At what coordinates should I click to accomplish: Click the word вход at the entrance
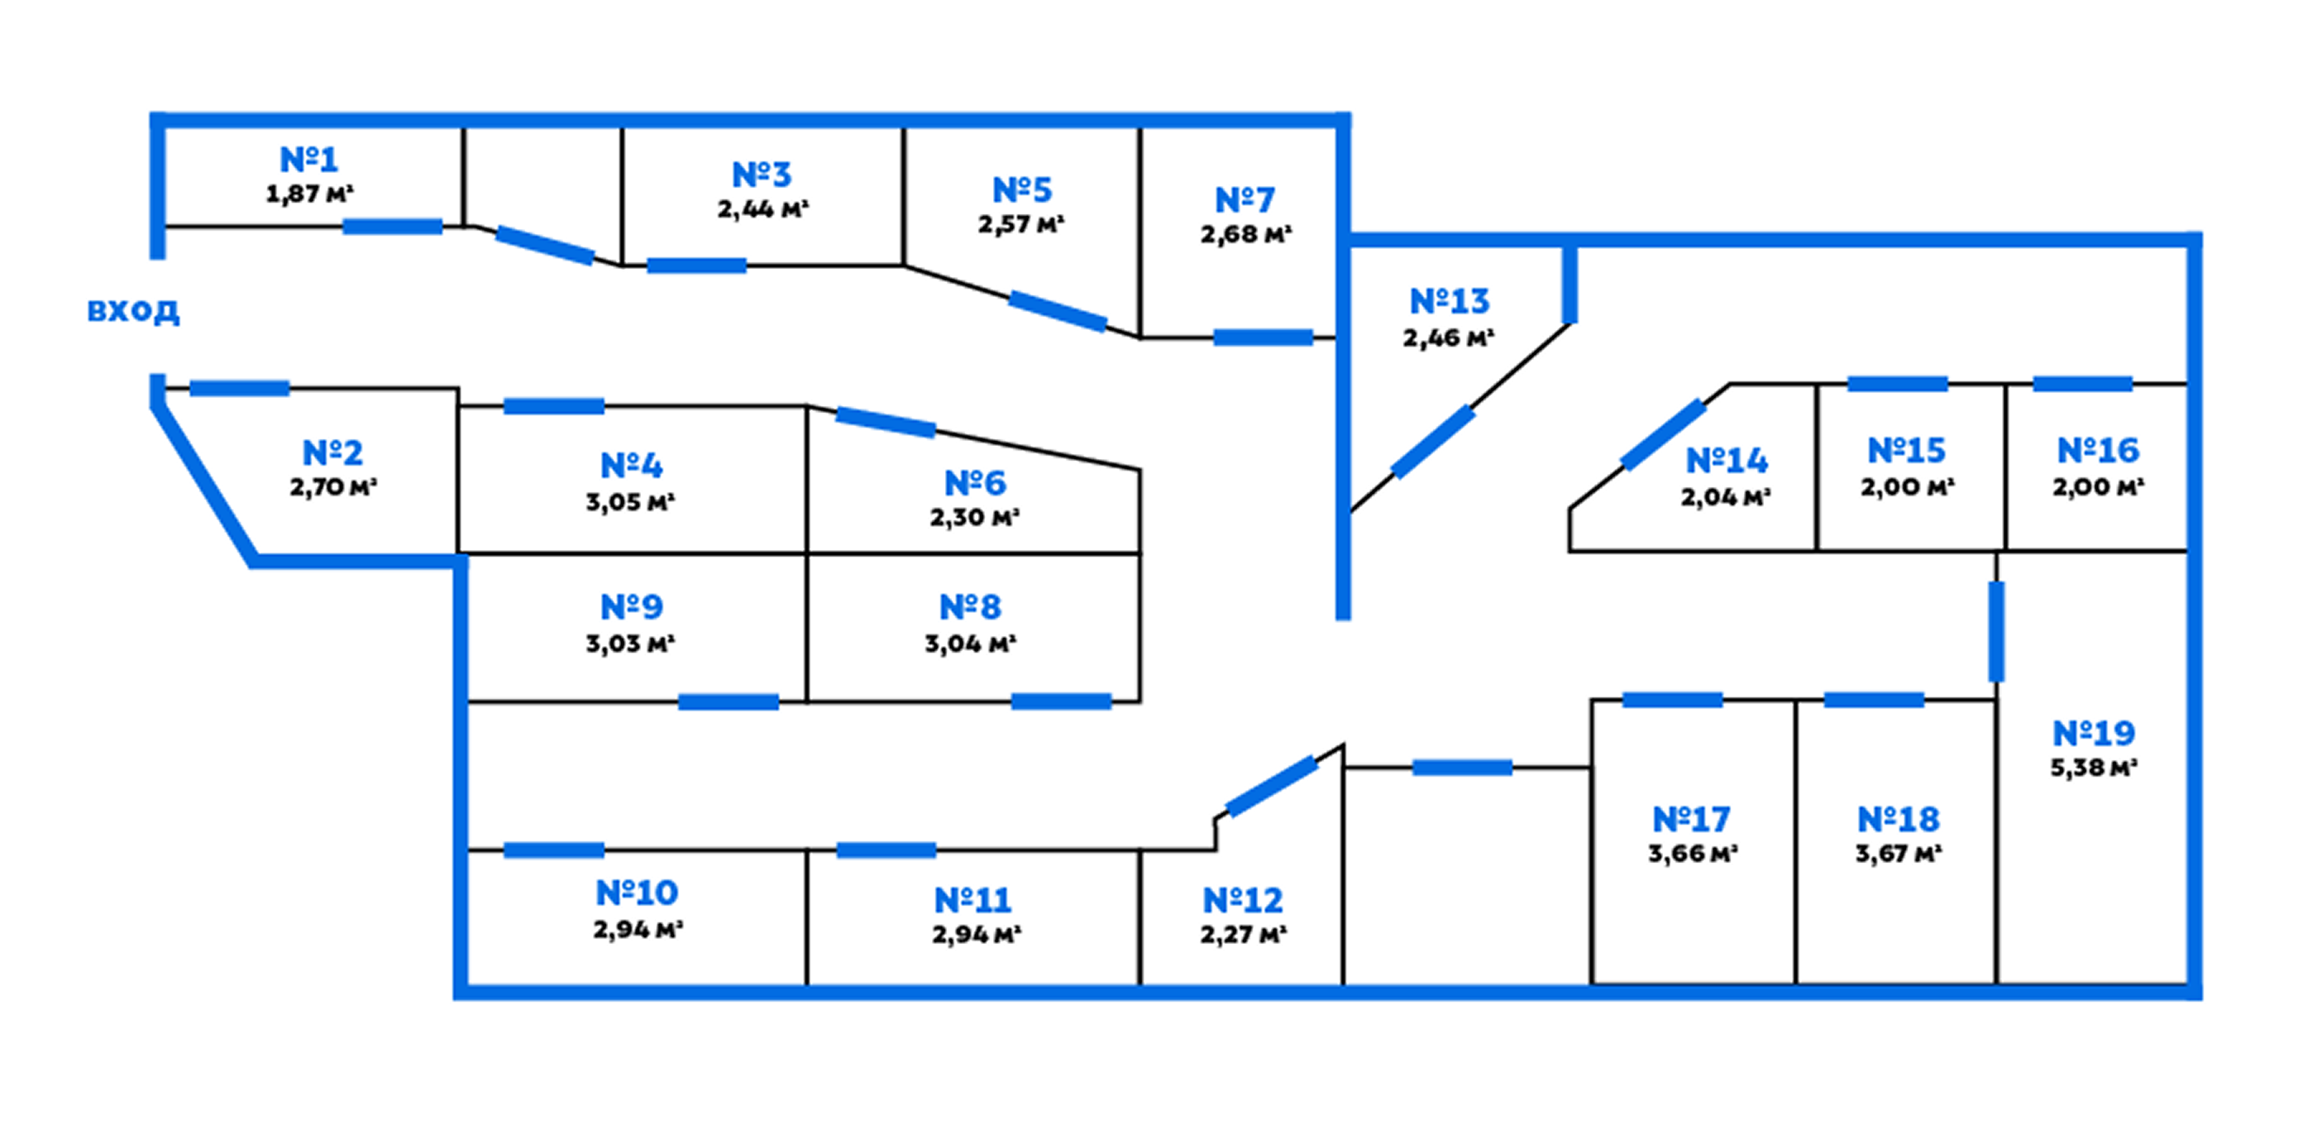133,311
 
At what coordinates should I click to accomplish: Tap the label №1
309,160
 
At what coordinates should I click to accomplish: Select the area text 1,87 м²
309,194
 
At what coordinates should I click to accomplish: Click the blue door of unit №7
1263,338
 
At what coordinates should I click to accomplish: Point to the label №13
1450,301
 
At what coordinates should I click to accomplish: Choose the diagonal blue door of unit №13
1432,441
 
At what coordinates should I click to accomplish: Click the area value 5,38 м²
2093,768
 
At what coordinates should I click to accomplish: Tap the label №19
2094,733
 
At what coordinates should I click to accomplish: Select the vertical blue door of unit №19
1996,632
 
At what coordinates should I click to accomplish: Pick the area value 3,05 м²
630,502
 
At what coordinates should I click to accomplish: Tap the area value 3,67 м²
1898,853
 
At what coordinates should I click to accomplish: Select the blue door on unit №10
554,850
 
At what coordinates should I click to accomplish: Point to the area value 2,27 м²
1243,934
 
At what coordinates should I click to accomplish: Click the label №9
632,607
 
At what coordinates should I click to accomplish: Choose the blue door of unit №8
1061,701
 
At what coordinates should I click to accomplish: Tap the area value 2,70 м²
332,487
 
